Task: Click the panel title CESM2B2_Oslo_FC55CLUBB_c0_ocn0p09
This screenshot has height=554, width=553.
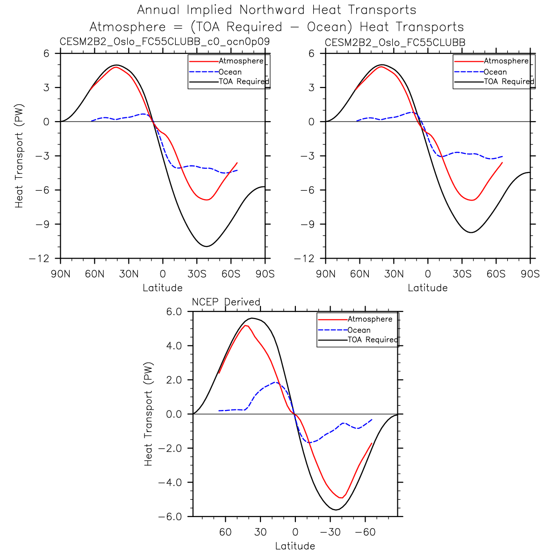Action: [x=165, y=42]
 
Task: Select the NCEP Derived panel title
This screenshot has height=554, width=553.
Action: [x=226, y=302]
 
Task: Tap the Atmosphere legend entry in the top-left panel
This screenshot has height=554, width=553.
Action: [x=241, y=61]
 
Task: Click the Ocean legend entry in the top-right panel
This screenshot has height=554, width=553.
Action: [x=495, y=72]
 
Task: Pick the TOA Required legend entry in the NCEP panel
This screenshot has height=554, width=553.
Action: [x=372, y=340]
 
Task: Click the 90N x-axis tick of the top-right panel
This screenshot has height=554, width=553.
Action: [x=326, y=274]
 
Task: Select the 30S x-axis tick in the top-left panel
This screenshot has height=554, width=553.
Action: [x=197, y=274]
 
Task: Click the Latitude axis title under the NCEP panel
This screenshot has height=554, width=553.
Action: [x=295, y=546]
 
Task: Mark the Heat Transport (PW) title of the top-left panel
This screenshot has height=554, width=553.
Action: [x=19, y=156]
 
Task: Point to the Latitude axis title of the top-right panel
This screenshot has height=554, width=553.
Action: [x=428, y=288]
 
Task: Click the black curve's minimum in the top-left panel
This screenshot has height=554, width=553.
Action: [x=206, y=246]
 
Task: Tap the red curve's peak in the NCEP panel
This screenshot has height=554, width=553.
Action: [x=246, y=325]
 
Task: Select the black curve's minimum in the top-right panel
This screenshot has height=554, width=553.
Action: [x=471, y=232]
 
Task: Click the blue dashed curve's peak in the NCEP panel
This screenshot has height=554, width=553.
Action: [x=276, y=382]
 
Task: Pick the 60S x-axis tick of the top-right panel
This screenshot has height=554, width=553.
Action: [x=496, y=274]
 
